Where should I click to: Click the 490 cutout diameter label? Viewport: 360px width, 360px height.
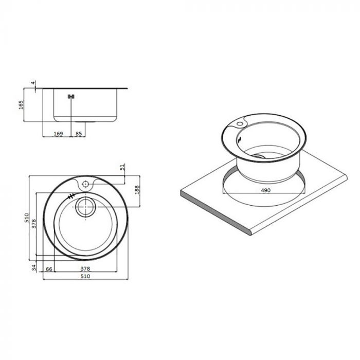(265, 190)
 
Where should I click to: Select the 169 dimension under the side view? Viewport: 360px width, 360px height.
(58, 134)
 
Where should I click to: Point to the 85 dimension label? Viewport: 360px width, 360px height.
(79, 134)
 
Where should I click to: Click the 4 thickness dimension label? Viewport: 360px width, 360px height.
(32, 83)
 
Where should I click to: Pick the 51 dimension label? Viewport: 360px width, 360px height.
(122, 168)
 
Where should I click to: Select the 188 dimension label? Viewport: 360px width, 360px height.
(136, 189)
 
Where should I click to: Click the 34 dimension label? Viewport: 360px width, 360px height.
(33, 267)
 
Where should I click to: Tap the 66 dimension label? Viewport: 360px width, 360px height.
(49, 269)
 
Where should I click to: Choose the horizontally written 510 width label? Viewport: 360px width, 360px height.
(85, 276)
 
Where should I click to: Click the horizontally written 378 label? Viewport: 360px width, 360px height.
(86, 269)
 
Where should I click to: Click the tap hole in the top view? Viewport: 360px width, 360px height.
(85, 183)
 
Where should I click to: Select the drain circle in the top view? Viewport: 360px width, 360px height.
(85, 208)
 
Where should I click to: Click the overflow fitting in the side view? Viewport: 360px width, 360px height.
(71, 96)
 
